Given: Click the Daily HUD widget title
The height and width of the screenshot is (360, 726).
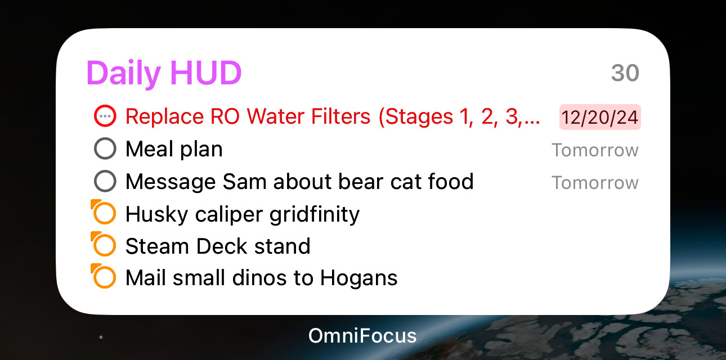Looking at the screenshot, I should pyautogui.click(x=164, y=73).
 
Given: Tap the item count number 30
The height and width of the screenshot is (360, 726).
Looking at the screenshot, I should pyautogui.click(x=625, y=73).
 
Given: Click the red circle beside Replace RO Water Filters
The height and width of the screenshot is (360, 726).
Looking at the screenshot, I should pyautogui.click(x=105, y=116).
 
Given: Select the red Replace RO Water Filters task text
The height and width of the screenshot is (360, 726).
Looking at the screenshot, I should pyautogui.click(x=332, y=116).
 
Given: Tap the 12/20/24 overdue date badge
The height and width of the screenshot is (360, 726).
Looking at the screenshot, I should pyautogui.click(x=600, y=117).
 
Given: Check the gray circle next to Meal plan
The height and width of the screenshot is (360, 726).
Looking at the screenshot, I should pyautogui.click(x=105, y=149).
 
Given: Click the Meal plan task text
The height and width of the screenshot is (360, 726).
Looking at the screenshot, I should pyautogui.click(x=174, y=149).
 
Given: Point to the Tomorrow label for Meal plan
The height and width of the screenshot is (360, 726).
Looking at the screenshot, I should pyautogui.click(x=595, y=150).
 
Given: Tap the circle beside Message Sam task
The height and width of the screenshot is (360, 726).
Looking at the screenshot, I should pyautogui.click(x=105, y=182).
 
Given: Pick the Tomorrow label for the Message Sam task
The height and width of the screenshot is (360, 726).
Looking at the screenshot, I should pyautogui.click(x=595, y=183).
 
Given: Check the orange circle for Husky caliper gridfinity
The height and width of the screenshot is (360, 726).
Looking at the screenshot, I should pyautogui.click(x=105, y=214).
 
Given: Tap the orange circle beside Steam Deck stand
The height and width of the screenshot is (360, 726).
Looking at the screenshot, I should pyautogui.click(x=105, y=246).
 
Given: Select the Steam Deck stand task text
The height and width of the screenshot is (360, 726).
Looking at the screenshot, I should pyautogui.click(x=218, y=246).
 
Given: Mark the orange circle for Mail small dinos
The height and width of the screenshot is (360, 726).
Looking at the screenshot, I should pyautogui.click(x=105, y=278).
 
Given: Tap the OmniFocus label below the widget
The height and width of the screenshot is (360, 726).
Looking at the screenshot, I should pyautogui.click(x=362, y=336).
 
